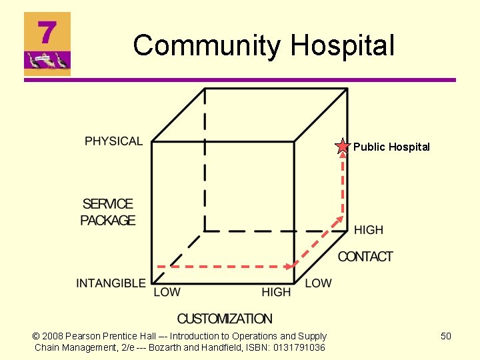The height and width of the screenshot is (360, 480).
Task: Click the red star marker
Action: [342, 147]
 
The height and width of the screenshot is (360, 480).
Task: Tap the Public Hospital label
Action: [391, 147]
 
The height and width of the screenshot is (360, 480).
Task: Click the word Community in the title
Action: [207, 45]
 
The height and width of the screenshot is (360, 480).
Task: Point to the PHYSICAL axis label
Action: [113, 141]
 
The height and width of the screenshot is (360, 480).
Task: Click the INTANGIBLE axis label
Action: [111, 283]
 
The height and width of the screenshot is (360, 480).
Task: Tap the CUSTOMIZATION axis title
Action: [225, 319]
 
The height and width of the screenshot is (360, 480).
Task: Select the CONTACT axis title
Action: [365, 257]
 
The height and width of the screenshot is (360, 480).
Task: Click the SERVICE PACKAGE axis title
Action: [108, 212]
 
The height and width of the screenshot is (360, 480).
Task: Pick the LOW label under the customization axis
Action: [167, 293]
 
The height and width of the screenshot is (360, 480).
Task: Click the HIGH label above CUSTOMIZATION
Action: [276, 293]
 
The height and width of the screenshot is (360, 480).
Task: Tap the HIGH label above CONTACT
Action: [369, 230]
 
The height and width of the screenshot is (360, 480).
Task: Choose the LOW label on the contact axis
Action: [318, 283]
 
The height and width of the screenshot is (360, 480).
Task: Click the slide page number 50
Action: [446, 336]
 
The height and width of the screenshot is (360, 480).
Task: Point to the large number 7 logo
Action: [47, 32]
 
